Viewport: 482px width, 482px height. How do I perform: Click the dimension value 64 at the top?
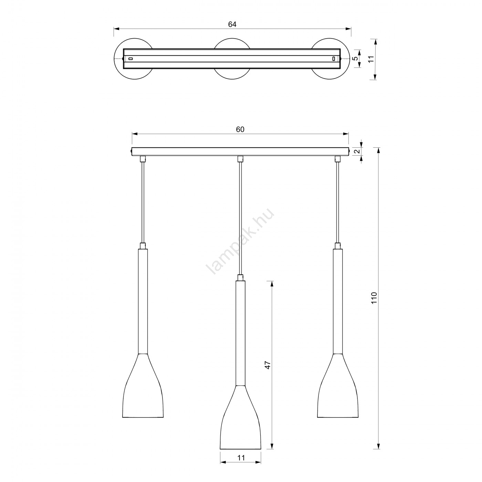(x=232, y=24)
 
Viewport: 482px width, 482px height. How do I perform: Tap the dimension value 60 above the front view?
(x=240, y=129)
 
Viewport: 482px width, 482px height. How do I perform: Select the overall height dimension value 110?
(x=374, y=298)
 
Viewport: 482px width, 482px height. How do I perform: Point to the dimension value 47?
(x=268, y=365)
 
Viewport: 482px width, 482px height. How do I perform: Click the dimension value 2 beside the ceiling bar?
(x=357, y=151)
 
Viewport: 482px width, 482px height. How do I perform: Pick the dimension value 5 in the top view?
(x=355, y=59)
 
